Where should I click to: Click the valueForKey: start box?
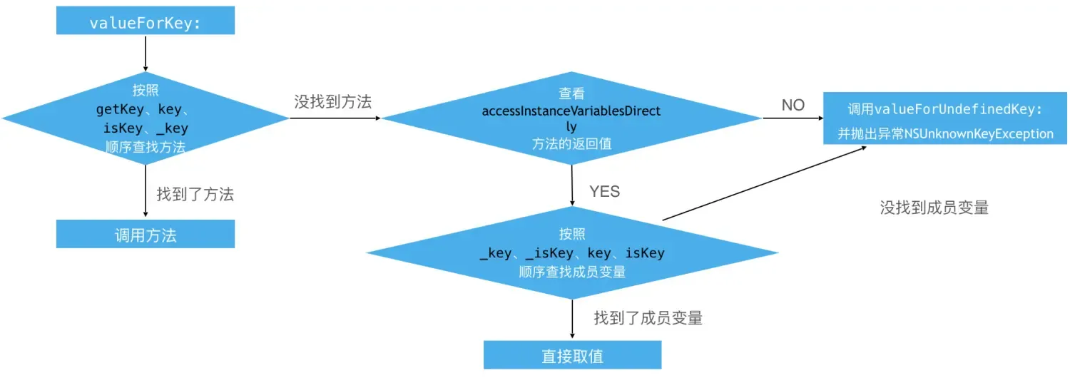pyautogui.click(x=145, y=22)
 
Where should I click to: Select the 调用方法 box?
pyautogui.click(x=145, y=235)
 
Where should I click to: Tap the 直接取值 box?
pyautogui.click(x=572, y=355)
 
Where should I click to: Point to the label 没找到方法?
pyautogui.click(x=333, y=102)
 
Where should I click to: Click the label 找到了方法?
pyautogui.click(x=195, y=194)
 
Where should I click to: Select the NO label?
pyautogui.click(x=793, y=106)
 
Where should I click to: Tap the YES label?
pyautogui.click(x=604, y=191)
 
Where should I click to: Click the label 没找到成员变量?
pyautogui.click(x=934, y=208)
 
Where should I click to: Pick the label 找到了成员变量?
pyautogui.click(x=648, y=318)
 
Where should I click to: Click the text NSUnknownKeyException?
pyautogui.click(x=978, y=133)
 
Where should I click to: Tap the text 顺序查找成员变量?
pyautogui.click(x=572, y=272)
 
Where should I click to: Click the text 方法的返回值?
pyautogui.click(x=571, y=143)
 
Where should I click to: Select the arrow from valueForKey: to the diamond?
pyautogui.click(x=146, y=53)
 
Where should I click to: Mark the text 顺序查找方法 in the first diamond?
pyautogui.click(x=145, y=148)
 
